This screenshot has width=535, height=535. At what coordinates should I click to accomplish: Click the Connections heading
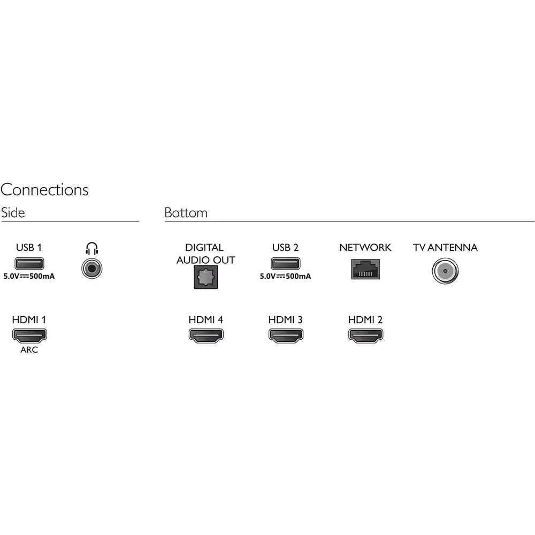point(44,190)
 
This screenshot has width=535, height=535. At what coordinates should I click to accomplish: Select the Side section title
point(13,212)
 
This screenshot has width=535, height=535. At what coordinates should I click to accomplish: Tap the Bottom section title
point(186,212)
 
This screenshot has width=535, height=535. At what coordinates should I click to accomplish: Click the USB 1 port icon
point(29,263)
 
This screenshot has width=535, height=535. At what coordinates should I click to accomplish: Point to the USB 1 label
point(29,248)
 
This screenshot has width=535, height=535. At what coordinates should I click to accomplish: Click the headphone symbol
point(92,248)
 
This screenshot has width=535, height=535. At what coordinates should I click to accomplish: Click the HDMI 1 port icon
point(29,335)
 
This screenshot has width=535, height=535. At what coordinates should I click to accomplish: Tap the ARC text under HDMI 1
point(29,350)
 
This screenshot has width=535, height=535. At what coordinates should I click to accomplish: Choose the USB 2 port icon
point(285,263)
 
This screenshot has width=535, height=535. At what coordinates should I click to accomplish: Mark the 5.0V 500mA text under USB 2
point(285,277)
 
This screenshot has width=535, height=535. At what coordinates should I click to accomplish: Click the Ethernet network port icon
point(365,268)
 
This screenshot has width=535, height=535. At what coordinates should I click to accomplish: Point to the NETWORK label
point(365,248)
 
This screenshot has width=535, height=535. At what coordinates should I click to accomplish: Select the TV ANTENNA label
point(445,248)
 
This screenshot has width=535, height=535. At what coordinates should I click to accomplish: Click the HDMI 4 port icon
point(206,335)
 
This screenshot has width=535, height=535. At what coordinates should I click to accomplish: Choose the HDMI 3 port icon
point(286,335)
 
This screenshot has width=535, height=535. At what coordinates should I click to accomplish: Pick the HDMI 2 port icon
point(365,335)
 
